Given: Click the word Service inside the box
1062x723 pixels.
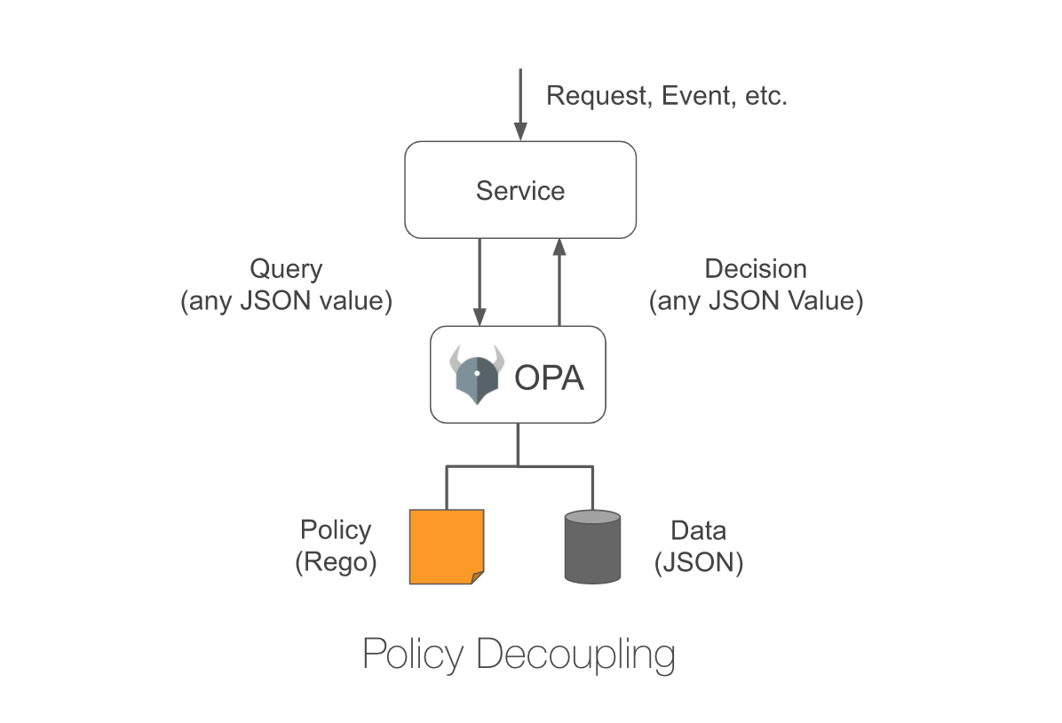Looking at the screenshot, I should (520, 191).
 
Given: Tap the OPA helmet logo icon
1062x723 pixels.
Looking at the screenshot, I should (477, 374).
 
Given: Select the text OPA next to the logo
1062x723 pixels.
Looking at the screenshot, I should (550, 378).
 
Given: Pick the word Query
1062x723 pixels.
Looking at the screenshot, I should (286, 269).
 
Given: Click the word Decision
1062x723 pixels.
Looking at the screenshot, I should (756, 269).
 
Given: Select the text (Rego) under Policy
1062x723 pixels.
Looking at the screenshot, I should (336, 563).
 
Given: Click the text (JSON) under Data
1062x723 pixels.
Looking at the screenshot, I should (698, 563).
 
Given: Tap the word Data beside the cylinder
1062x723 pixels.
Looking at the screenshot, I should (698, 531).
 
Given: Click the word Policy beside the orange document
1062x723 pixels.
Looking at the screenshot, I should (336, 530).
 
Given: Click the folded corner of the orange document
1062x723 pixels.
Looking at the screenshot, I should (477, 577).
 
